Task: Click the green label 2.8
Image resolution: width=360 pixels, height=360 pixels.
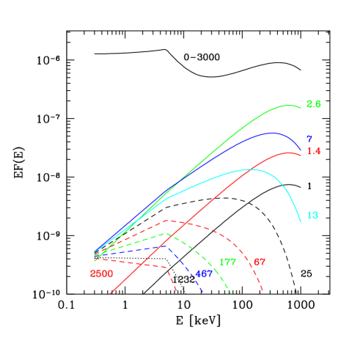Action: pos(313,104)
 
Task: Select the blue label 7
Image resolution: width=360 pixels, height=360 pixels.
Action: pos(309,139)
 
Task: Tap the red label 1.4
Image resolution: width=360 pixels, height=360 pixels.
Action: pos(313,151)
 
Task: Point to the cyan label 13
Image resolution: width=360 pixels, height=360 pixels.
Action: pos(312,216)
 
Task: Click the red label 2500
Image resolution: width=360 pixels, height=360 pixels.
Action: pos(101,273)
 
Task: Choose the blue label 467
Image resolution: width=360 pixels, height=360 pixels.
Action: pos(204,273)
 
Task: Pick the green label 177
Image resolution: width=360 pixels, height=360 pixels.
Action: pos(227,262)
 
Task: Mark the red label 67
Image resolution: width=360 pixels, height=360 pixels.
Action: pos(259,262)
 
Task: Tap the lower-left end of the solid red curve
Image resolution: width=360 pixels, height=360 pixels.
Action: pos(111,293)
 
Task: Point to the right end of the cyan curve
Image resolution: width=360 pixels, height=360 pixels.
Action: pos(301,221)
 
